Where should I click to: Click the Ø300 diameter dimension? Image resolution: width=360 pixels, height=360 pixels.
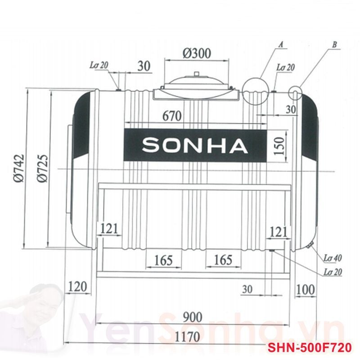tap(197, 54)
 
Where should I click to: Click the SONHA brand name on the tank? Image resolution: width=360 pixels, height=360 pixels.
tap(195, 145)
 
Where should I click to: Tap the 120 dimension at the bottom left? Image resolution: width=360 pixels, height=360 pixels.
tap(78, 286)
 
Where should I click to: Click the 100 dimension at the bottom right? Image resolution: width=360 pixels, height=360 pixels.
tap(306, 289)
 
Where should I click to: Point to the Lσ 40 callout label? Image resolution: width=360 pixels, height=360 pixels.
tap(333, 258)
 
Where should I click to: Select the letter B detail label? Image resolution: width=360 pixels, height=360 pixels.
tap(334, 45)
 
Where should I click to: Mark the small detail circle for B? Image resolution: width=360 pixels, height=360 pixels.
tap(295, 93)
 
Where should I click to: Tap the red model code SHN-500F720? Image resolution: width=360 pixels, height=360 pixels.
tap(310, 348)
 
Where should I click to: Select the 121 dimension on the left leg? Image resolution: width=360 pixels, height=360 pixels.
tap(109, 229)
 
